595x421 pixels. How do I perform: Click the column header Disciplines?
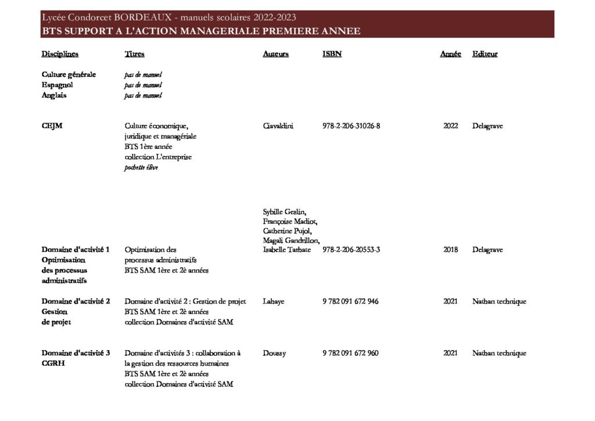[x=60, y=54]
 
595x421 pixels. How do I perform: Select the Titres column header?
[x=134, y=54]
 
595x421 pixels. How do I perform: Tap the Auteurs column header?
[x=275, y=54]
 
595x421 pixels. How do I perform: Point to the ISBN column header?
[x=332, y=54]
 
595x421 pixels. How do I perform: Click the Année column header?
[x=450, y=54]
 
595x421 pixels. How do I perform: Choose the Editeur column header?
[x=485, y=54]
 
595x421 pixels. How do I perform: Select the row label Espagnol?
[x=57, y=85]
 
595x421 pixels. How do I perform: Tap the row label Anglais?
[x=54, y=95]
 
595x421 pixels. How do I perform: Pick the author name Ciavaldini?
[x=278, y=126]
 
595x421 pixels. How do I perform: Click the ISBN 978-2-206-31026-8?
[x=351, y=126]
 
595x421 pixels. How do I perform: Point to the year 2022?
[x=450, y=126]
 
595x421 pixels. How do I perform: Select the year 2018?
[x=450, y=249]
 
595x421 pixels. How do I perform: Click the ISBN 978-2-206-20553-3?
[x=351, y=249]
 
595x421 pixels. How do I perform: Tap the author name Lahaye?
[x=273, y=301]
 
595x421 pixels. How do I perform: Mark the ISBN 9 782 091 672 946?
[x=350, y=301]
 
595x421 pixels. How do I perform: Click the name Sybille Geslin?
[x=284, y=211]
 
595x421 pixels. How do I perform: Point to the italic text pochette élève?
[x=141, y=167]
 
